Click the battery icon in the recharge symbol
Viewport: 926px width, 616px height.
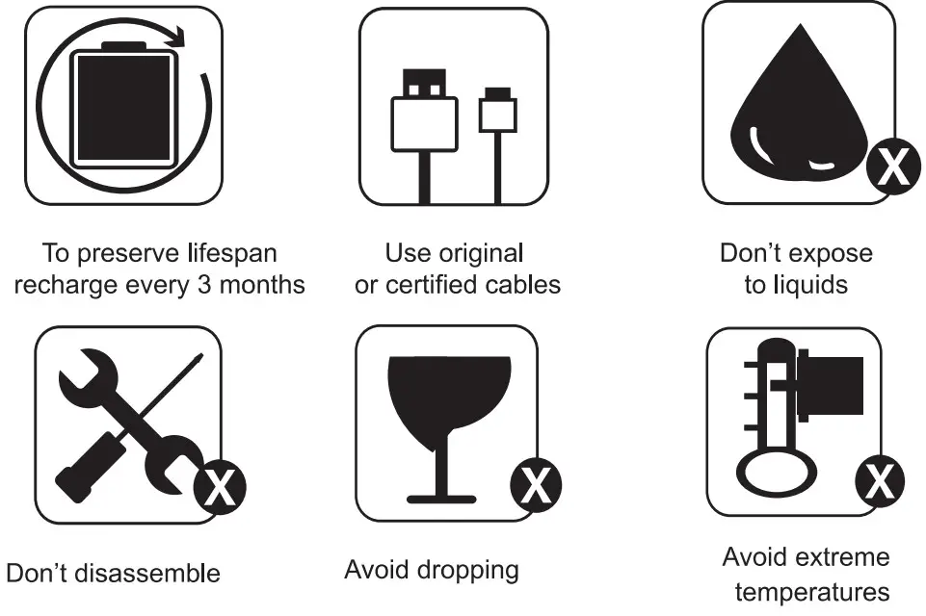(x=124, y=105)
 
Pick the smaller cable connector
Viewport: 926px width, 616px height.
(x=497, y=111)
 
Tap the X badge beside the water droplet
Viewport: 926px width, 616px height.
(x=893, y=167)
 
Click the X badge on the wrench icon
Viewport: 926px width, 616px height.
(x=221, y=487)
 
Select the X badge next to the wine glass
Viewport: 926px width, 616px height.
(x=536, y=485)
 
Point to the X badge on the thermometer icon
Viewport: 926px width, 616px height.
(x=880, y=481)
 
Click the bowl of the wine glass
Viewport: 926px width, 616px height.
(x=449, y=397)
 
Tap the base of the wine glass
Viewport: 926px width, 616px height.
(x=441, y=500)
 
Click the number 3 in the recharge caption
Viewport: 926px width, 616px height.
(x=204, y=285)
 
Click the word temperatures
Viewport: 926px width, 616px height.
(x=812, y=592)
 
